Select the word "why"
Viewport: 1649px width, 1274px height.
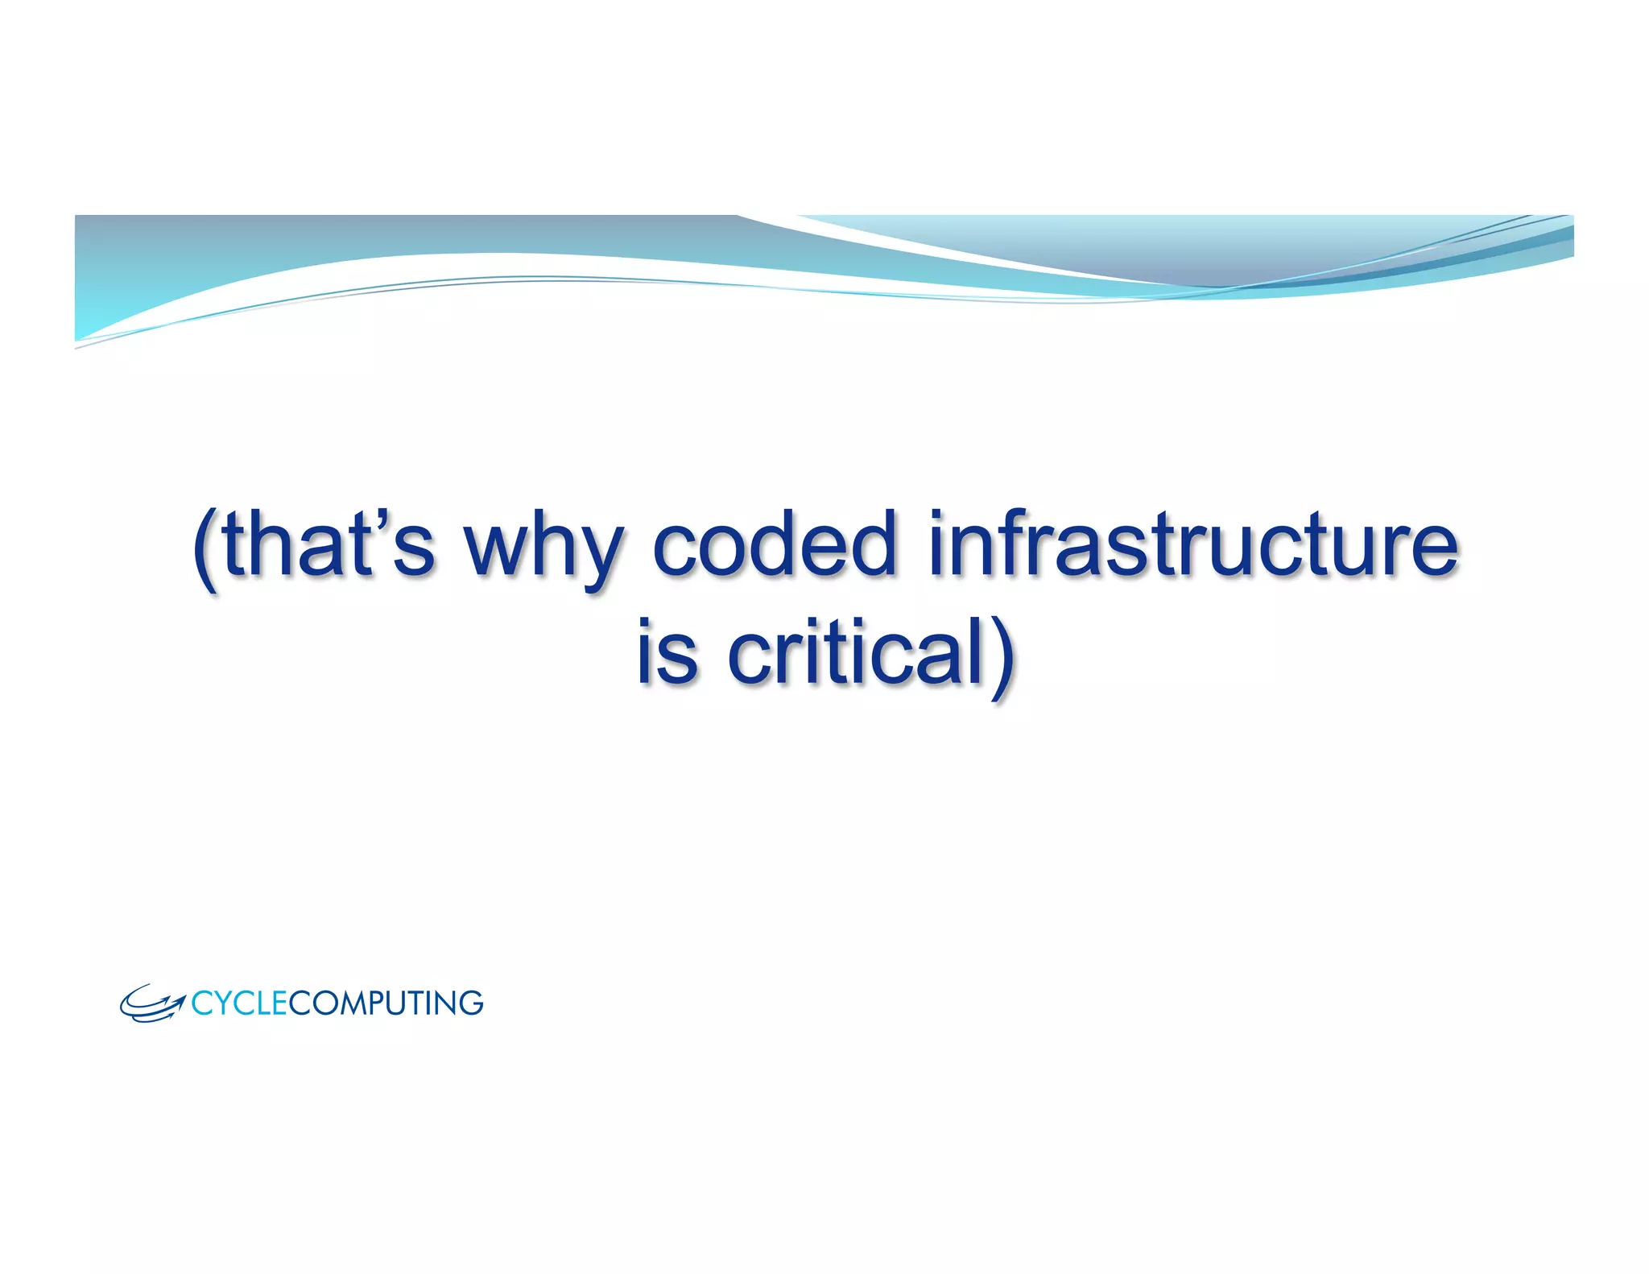[542, 548]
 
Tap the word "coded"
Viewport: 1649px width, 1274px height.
[774, 544]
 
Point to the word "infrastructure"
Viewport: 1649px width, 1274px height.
[1192, 544]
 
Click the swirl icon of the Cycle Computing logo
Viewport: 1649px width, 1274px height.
[151, 1004]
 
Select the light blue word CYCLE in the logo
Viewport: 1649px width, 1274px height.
[238, 1003]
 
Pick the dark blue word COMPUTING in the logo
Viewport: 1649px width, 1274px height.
[386, 1003]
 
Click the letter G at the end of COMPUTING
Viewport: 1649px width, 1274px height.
[470, 1003]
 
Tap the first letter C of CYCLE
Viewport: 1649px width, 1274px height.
[200, 1003]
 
